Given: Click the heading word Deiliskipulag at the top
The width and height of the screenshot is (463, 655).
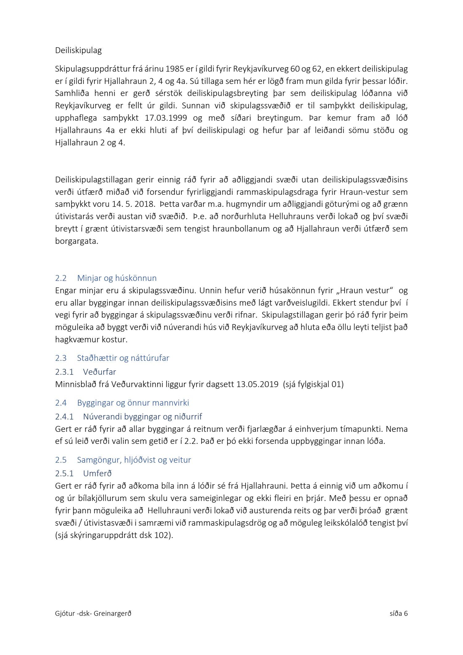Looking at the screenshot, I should pos(78,50).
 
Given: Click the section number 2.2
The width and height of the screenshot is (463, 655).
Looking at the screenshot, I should pos(61,278).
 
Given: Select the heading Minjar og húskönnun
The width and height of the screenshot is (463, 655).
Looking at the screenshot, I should pos(117,278).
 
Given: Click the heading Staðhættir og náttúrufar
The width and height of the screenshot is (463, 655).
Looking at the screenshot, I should pos(123,358).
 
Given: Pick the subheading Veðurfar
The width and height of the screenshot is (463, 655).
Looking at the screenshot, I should pos(99,372).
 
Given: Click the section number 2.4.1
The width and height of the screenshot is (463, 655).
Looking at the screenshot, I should pos(64,417).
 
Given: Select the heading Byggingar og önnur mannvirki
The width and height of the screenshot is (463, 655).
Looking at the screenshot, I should pos(133,403).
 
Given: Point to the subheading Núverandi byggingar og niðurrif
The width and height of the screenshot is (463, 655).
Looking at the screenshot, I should pos(142,417).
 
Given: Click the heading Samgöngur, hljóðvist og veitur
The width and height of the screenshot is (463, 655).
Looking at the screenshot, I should pos(134,460).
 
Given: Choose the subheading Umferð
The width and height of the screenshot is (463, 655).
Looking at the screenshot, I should pos(97,474).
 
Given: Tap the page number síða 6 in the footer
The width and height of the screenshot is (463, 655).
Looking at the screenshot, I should pos(398,613).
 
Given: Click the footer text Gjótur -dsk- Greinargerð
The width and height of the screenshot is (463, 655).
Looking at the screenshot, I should pos(93,613).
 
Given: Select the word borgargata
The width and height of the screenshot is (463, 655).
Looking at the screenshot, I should pos(77,241).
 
